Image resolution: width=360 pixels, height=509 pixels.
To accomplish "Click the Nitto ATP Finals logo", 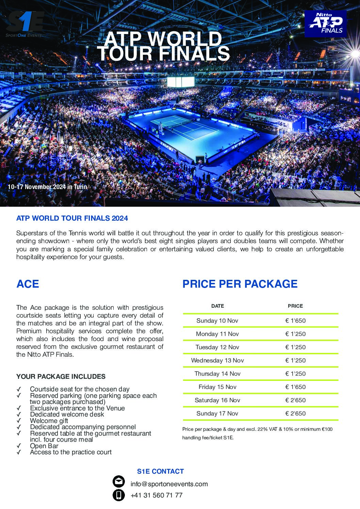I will pyautogui.click(x=325, y=23).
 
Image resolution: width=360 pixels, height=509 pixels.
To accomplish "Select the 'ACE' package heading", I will pyautogui.click(x=28, y=284).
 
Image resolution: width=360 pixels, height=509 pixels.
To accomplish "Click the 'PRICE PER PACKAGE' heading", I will pyautogui.click(x=240, y=284).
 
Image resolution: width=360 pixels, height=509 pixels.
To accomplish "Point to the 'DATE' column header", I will pyautogui.click(x=217, y=306).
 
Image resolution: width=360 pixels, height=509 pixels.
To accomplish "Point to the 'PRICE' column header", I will pyautogui.click(x=295, y=306).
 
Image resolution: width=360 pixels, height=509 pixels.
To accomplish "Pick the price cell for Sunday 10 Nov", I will pyautogui.click(x=295, y=321).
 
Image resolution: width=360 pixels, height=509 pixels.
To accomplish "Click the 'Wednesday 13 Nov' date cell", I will pyautogui.click(x=217, y=360).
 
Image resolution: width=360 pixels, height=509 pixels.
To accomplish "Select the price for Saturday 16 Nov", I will pyautogui.click(x=295, y=400).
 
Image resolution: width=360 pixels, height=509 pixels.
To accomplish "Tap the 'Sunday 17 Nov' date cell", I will pyautogui.click(x=217, y=413).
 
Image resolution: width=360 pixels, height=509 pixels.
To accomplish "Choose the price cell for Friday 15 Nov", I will pyautogui.click(x=295, y=387).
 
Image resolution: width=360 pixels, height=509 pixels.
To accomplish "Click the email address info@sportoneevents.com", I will pyautogui.click(x=169, y=484).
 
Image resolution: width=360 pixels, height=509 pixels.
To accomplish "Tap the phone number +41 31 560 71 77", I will pyautogui.click(x=156, y=495).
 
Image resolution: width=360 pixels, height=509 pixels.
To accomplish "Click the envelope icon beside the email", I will pyautogui.click(x=118, y=482).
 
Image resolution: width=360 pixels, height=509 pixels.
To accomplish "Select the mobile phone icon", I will pyautogui.click(x=118, y=495).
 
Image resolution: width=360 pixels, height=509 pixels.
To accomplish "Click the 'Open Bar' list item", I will pyautogui.click(x=44, y=446).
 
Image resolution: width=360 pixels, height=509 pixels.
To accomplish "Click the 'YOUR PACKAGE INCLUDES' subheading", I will pyautogui.click(x=61, y=377).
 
